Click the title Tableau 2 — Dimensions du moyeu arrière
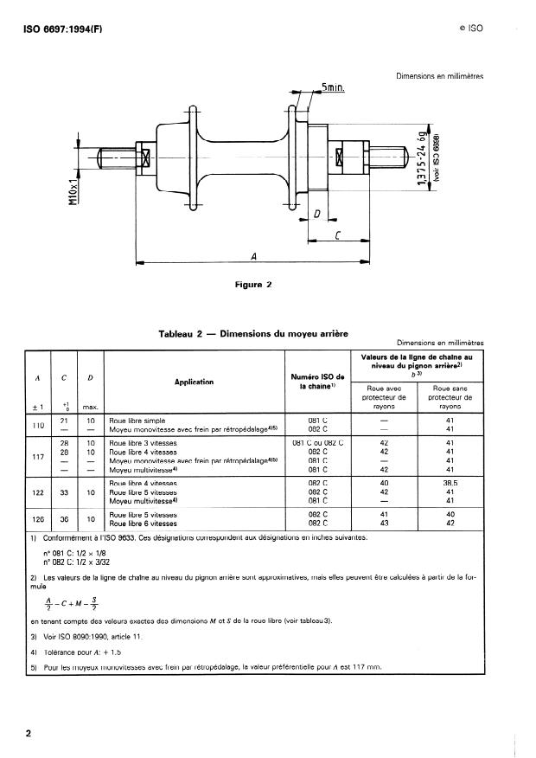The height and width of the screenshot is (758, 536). [252, 333]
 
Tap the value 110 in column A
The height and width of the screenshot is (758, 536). [38, 426]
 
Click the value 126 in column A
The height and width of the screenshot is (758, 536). [38, 519]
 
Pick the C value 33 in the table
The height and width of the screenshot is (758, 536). [65, 493]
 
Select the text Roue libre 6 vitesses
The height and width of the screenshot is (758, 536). [143, 524]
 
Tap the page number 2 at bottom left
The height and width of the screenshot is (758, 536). [29, 734]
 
